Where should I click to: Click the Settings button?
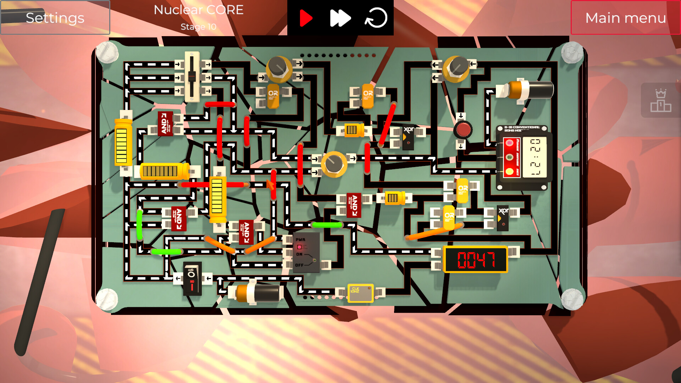(x=55, y=18)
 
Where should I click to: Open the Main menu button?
(x=625, y=18)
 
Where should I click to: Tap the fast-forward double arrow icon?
(x=340, y=18)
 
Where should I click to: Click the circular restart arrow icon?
(x=376, y=18)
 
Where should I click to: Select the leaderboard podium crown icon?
(x=660, y=101)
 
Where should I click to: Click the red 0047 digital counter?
(x=476, y=260)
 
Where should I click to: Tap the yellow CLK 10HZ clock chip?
(x=360, y=293)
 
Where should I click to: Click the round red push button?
(x=463, y=130)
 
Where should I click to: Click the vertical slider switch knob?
(x=192, y=76)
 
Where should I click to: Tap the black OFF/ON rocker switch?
(x=192, y=279)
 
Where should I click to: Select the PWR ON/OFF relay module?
(x=306, y=252)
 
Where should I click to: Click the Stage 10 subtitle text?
(x=198, y=27)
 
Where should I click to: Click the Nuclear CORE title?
(x=198, y=10)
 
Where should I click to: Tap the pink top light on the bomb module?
(x=509, y=143)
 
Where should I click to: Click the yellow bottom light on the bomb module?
(x=509, y=172)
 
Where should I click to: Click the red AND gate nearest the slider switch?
(x=165, y=123)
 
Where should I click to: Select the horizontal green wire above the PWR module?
(x=327, y=225)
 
